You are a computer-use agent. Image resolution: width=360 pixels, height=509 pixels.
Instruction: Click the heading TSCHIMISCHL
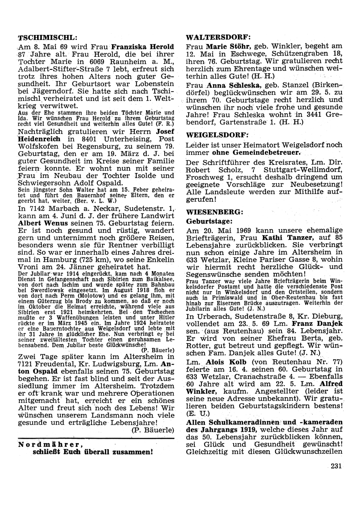point(48,38)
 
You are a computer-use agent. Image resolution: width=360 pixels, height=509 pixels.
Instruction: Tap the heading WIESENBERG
point(215,210)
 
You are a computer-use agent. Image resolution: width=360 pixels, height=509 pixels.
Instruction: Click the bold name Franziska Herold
point(143,46)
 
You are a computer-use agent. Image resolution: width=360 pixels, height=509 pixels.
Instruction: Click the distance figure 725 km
point(92,260)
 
